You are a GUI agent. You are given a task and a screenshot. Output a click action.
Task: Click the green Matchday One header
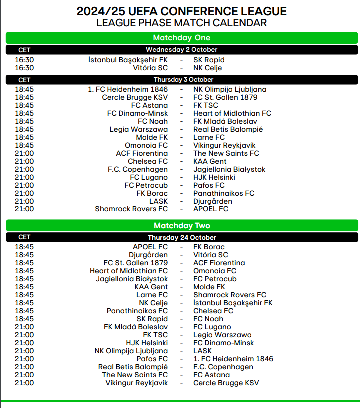(182, 38)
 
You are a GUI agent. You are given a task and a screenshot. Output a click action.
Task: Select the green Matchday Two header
(182, 226)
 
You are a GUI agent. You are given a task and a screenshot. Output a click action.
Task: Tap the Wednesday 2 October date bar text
(182, 50)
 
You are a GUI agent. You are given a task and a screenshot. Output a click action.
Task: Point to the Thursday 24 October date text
(182, 238)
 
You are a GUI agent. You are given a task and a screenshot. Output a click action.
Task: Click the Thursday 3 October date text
(183, 80)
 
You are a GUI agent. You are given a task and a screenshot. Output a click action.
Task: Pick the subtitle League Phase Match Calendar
(182, 23)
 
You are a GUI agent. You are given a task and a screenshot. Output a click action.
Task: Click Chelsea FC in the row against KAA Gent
(148, 161)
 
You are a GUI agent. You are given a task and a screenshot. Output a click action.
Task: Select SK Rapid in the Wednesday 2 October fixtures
(209, 60)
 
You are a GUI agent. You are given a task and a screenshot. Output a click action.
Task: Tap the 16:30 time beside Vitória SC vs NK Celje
(24, 68)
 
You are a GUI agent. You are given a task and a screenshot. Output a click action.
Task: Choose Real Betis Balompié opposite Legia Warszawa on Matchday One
(228, 129)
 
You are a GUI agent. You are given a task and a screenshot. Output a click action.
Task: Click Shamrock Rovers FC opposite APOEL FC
(131, 209)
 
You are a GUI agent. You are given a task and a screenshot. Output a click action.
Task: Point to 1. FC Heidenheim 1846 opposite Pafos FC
(233, 359)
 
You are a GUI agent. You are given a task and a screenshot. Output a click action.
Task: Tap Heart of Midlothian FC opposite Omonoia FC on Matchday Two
(129, 271)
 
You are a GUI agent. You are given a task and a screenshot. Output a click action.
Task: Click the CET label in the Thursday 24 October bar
(24, 238)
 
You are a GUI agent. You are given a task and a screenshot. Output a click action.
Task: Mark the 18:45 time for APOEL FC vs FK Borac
(24, 247)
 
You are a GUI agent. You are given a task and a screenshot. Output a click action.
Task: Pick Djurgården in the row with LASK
(213, 201)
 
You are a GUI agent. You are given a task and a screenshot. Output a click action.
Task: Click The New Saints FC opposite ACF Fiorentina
(226, 153)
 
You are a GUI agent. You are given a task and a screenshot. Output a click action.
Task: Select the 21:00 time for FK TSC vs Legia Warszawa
(24, 335)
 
